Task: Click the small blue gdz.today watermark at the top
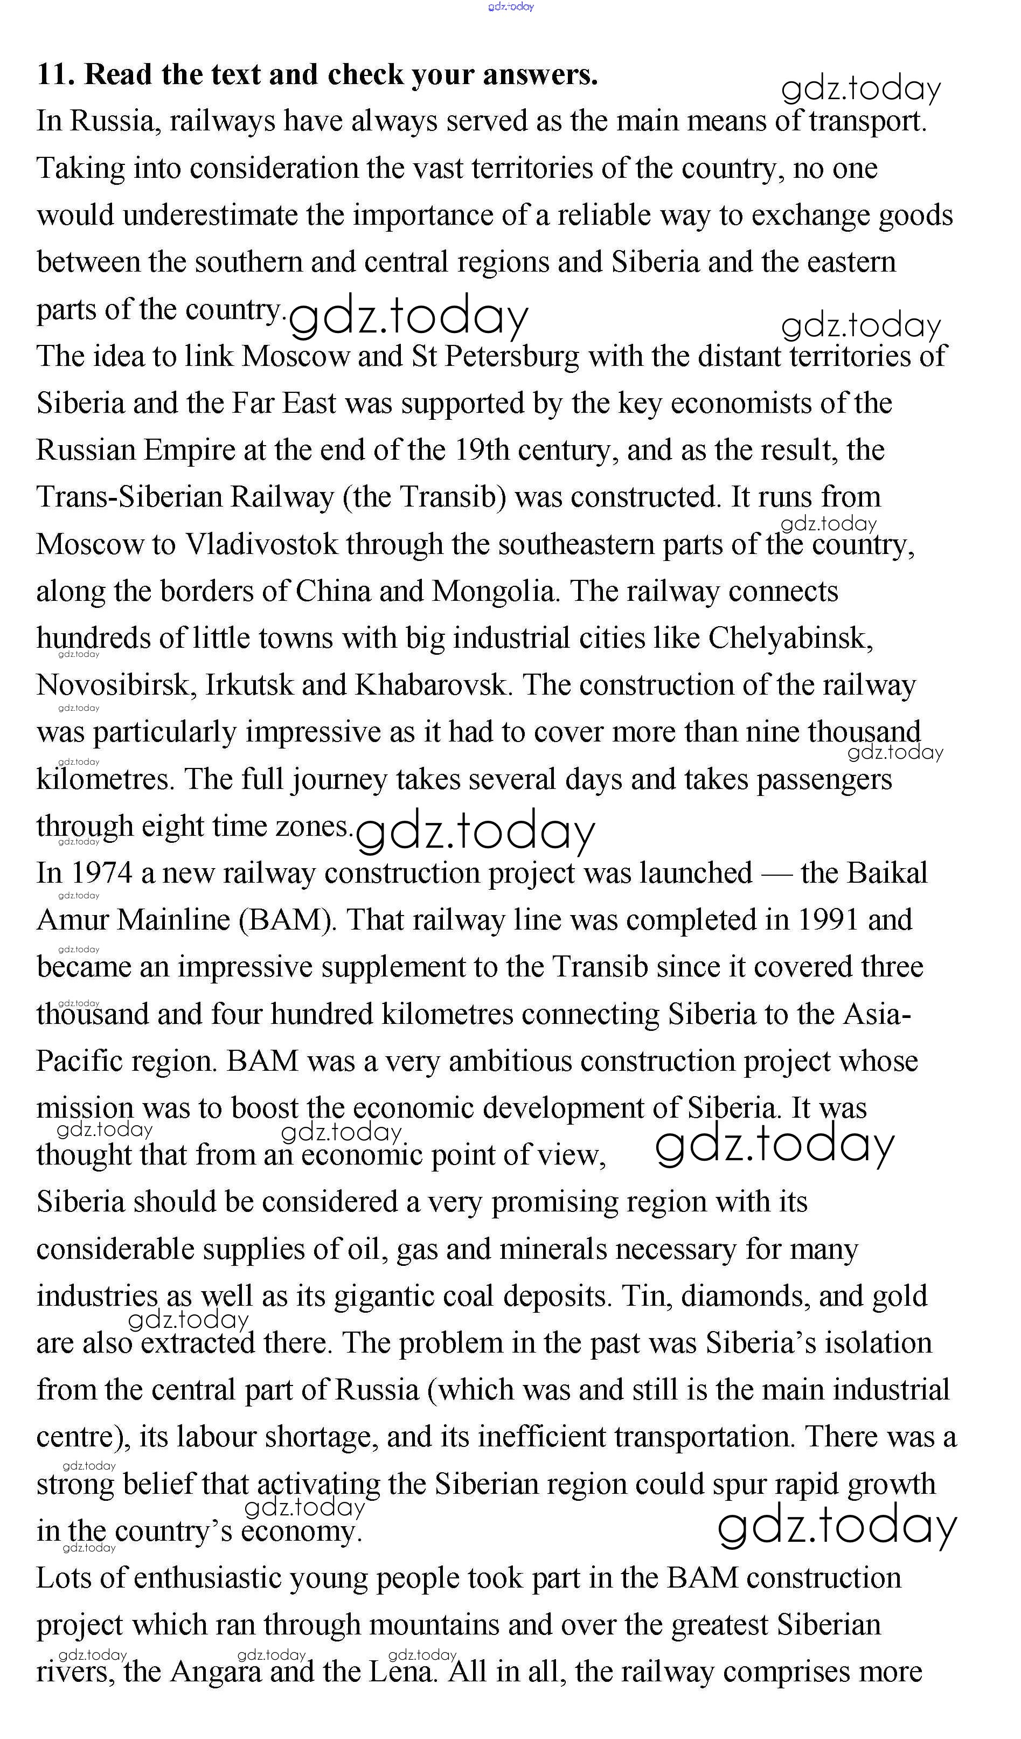click(x=511, y=7)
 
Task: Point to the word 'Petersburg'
click(x=511, y=357)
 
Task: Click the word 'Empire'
click(x=189, y=451)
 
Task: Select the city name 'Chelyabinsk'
click(x=789, y=639)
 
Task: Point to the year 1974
click(x=101, y=874)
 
